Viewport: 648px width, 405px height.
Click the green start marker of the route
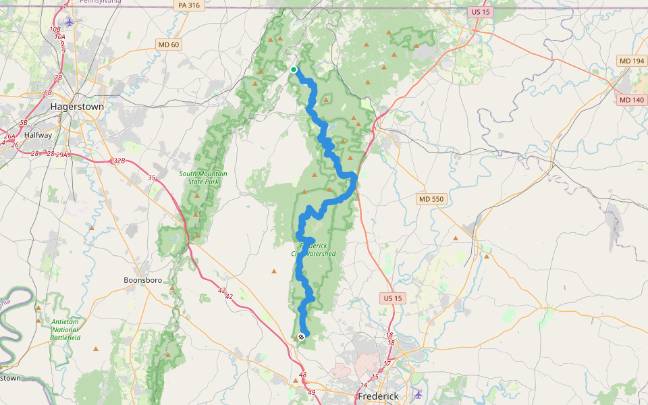tap(294, 70)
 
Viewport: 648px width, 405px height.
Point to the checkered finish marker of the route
tap(301, 336)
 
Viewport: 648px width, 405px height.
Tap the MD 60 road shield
tap(168, 45)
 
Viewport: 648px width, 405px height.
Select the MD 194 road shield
tap(631, 61)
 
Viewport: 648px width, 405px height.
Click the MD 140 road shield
tap(631, 100)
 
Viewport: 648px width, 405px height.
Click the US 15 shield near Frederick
tap(391, 298)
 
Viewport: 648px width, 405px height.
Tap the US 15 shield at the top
tap(478, 12)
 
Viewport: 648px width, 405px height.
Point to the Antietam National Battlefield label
tap(65, 329)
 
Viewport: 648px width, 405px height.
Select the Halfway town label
tap(38, 135)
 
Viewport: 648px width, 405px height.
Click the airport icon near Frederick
tap(418, 394)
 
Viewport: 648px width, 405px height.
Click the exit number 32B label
tap(119, 161)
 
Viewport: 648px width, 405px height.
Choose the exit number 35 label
tap(152, 178)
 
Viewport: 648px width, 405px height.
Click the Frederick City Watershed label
tap(313, 250)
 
